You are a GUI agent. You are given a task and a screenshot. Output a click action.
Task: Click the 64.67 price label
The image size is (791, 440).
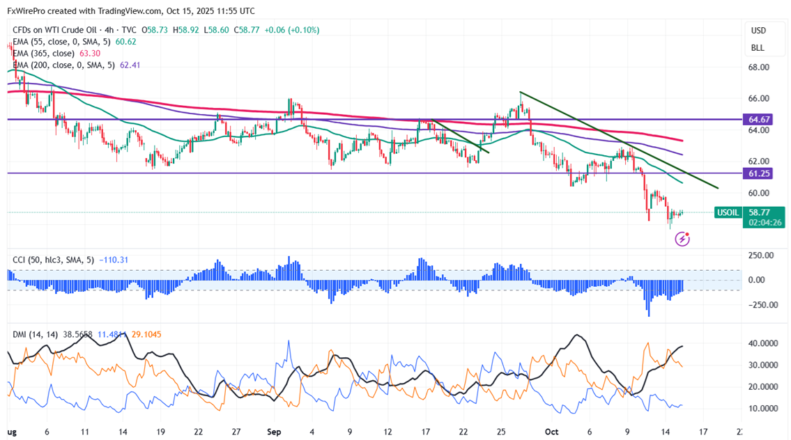(758, 120)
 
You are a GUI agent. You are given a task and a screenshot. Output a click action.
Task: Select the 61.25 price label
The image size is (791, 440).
(758, 173)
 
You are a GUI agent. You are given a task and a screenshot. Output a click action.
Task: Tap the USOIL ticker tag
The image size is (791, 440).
(729, 212)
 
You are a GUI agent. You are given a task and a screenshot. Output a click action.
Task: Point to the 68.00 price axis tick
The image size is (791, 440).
(758, 68)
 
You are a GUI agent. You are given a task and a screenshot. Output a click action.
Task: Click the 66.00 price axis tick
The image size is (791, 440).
(758, 99)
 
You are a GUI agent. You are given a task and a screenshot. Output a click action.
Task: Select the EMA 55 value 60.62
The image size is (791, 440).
(126, 42)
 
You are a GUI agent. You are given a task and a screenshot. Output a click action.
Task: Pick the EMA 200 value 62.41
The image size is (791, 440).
(130, 65)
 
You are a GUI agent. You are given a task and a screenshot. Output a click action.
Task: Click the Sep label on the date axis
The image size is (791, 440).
(273, 431)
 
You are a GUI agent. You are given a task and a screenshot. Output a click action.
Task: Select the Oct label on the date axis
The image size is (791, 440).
(551, 431)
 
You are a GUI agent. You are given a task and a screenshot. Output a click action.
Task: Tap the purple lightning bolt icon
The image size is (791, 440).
(682, 239)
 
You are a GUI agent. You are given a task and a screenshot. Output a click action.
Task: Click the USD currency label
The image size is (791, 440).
(758, 31)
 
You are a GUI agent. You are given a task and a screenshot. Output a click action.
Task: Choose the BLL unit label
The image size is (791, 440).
(757, 48)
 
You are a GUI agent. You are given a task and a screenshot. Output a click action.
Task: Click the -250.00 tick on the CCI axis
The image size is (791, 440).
(759, 304)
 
